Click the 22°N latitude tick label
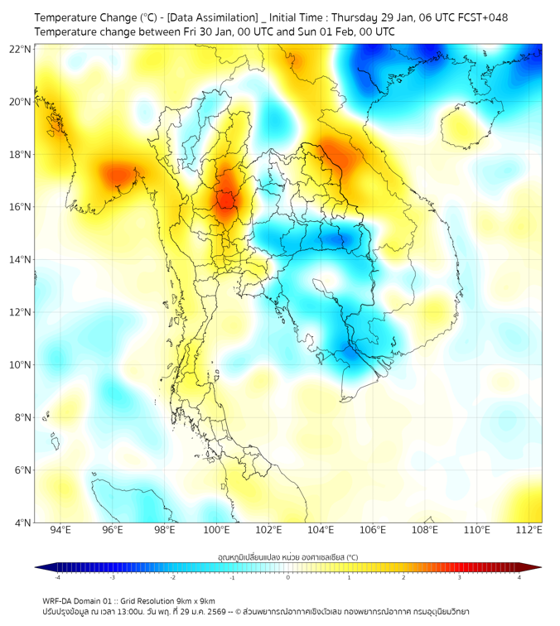click(21, 50)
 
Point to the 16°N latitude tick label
click(21, 207)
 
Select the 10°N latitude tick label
click(21, 365)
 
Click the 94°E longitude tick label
click(60, 531)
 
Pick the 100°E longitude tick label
click(217, 531)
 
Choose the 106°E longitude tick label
click(374, 531)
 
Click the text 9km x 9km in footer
click(191, 600)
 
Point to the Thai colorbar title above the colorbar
click(287, 556)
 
